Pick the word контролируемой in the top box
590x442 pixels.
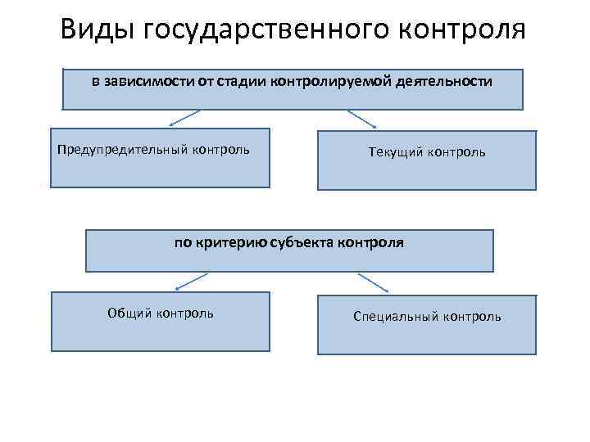coord(324,82)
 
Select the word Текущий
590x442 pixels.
coord(397,152)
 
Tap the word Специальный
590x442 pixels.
coord(396,316)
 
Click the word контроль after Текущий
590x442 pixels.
coord(456,152)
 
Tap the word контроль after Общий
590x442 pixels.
coord(186,313)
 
